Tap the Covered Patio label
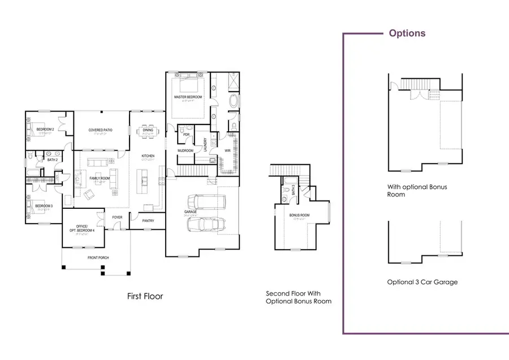pos(100,130)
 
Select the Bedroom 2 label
pos(45,130)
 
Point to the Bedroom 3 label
pos(44,205)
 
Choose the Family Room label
pos(100,179)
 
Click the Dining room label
pos(148,130)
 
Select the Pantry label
pos(148,221)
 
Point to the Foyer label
pos(118,217)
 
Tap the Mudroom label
pos(186,151)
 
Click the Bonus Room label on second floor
pos(300,215)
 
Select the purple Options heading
pos(407,33)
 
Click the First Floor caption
pos(144,296)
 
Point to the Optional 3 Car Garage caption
pos(422,281)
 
